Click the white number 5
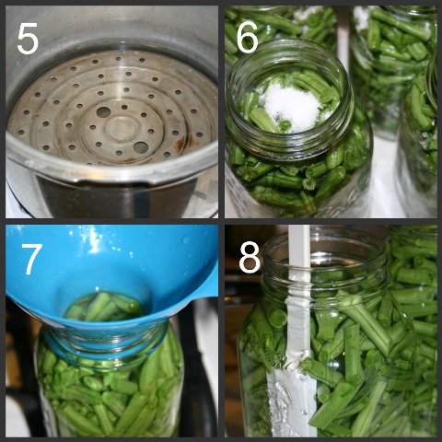28,40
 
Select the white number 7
32,260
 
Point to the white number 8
250,257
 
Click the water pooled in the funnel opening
104,307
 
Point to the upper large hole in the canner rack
103,112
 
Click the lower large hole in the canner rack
141,147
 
